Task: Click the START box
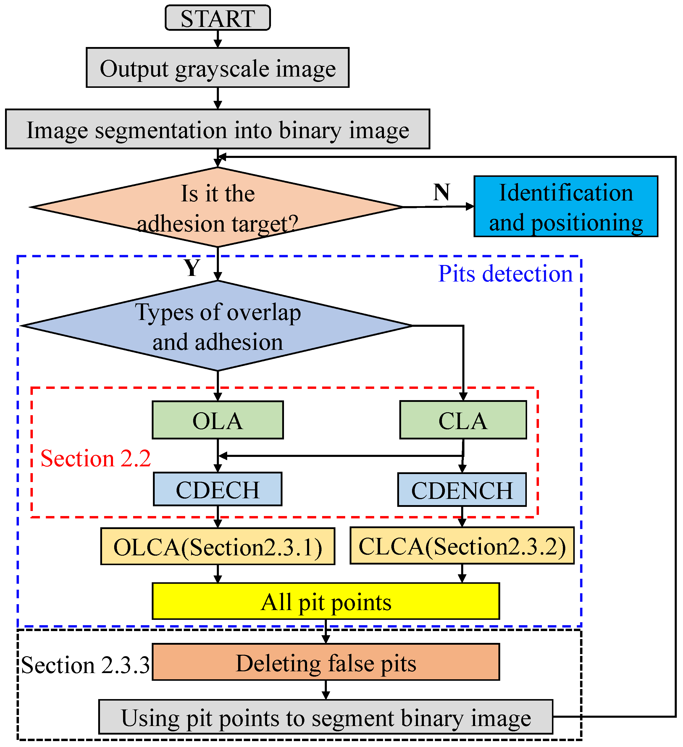tap(217, 18)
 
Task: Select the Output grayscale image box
tap(217, 68)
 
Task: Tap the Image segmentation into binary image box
tap(217, 129)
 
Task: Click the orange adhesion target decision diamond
tap(217, 208)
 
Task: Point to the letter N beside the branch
tap(441, 192)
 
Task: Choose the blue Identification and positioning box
tap(566, 207)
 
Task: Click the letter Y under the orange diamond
tap(192, 268)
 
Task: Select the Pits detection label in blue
tap(505, 274)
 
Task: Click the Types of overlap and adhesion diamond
tap(217, 326)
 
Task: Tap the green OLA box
tap(217, 421)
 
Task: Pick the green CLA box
tap(463, 421)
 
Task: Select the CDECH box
tap(217, 489)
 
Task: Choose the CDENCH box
tap(462, 490)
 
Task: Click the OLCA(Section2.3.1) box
tap(217, 547)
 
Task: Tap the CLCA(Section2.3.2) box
tap(462, 546)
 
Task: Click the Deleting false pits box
tap(326, 663)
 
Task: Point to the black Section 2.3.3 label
tap(85, 665)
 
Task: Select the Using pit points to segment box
tap(326, 718)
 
